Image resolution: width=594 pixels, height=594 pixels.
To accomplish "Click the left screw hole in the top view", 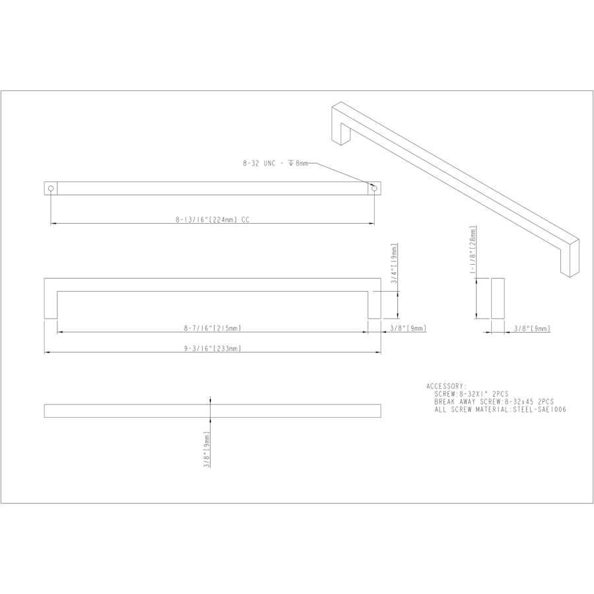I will pyautogui.click(x=51, y=189).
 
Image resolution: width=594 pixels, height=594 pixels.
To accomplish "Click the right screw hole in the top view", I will pyautogui.click(x=374, y=189).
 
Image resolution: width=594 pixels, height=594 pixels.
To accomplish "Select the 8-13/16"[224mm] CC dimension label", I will pyautogui.click(x=213, y=220).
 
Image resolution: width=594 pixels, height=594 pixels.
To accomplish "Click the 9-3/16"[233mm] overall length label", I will pyautogui.click(x=213, y=349).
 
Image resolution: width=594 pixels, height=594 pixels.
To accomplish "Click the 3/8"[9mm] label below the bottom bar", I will pyautogui.click(x=207, y=450).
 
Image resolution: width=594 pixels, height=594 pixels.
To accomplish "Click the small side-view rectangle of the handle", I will pyautogui.click(x=498, y=298).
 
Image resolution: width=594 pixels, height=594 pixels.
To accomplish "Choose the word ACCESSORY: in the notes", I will pyautogui.click(x=447, y=385).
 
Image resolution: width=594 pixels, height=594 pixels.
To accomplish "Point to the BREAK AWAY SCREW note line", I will pyautogui.click(x=494, y=401).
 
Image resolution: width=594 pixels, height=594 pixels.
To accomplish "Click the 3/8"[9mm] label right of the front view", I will pyautogui.click(x=408, y=328).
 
